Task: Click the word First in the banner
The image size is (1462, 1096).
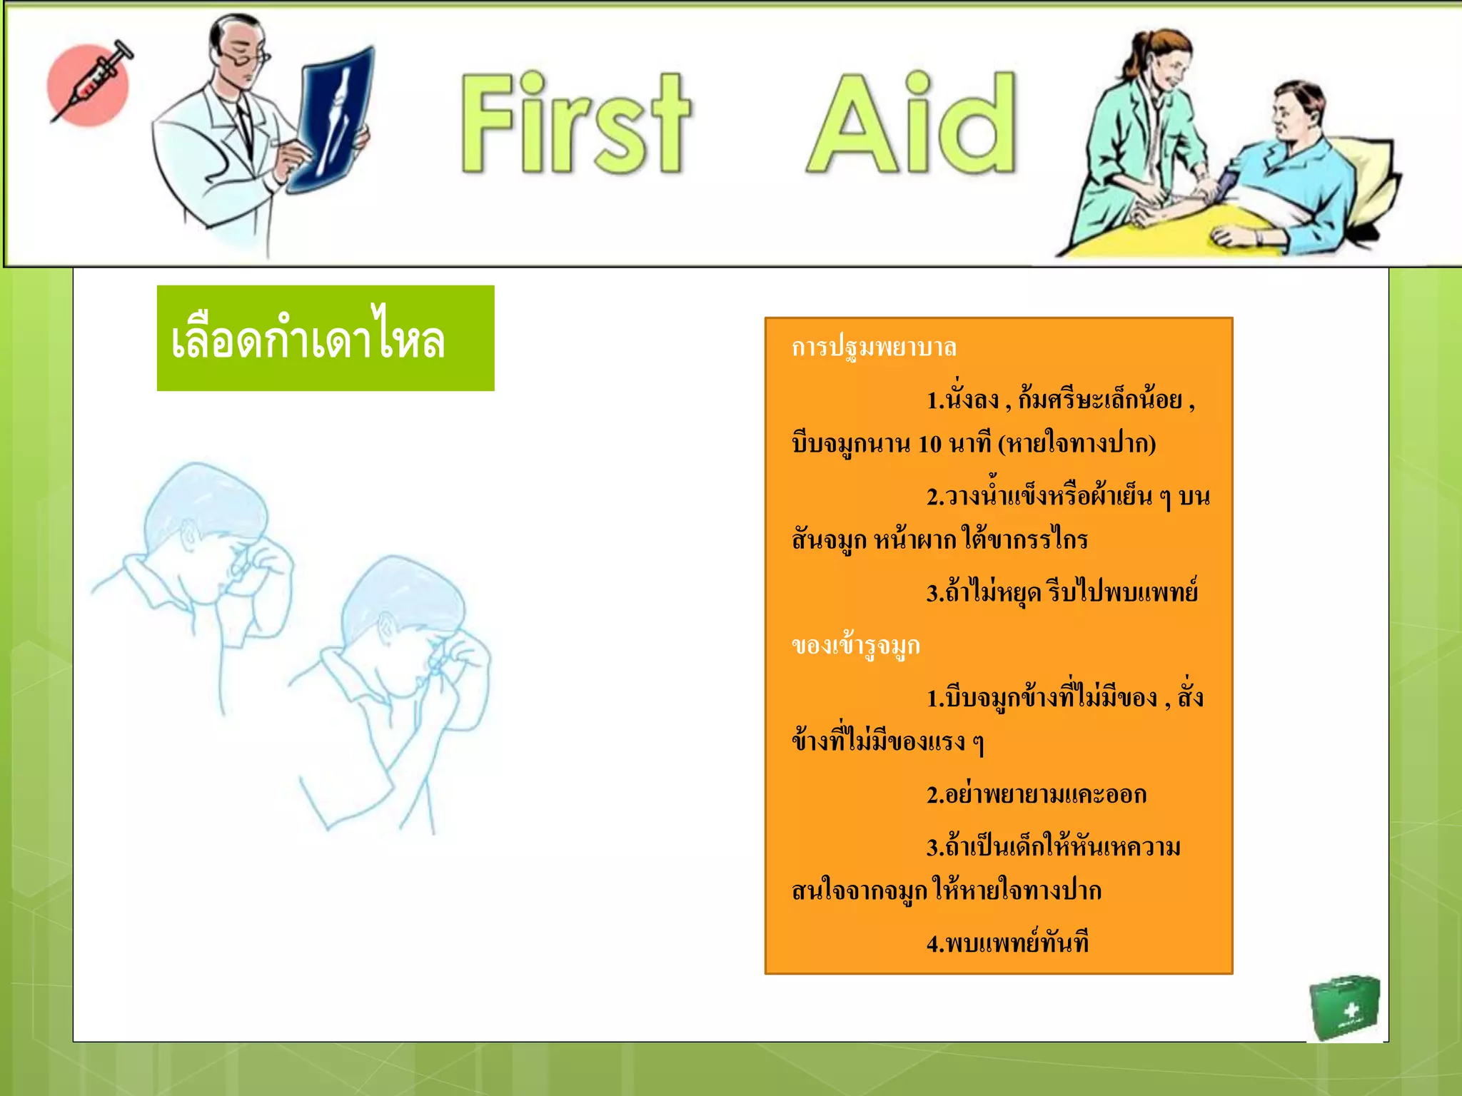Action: (575, 123)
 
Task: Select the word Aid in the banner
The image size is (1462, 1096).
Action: (912, 123)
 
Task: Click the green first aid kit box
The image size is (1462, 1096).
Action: (1344, 1008)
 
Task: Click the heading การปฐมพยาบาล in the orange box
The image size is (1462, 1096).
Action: (874, 347)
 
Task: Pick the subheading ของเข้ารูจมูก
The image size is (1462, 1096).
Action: (856, 646)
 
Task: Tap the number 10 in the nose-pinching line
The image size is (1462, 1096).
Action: (929, 445)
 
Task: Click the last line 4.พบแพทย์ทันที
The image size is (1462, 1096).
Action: (1007, 943)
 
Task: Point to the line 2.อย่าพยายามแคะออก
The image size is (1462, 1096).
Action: (1037, 794)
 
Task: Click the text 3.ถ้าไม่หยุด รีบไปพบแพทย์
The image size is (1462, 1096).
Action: (1062, 592)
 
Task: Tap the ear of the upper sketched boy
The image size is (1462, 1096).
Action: (189, 535)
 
